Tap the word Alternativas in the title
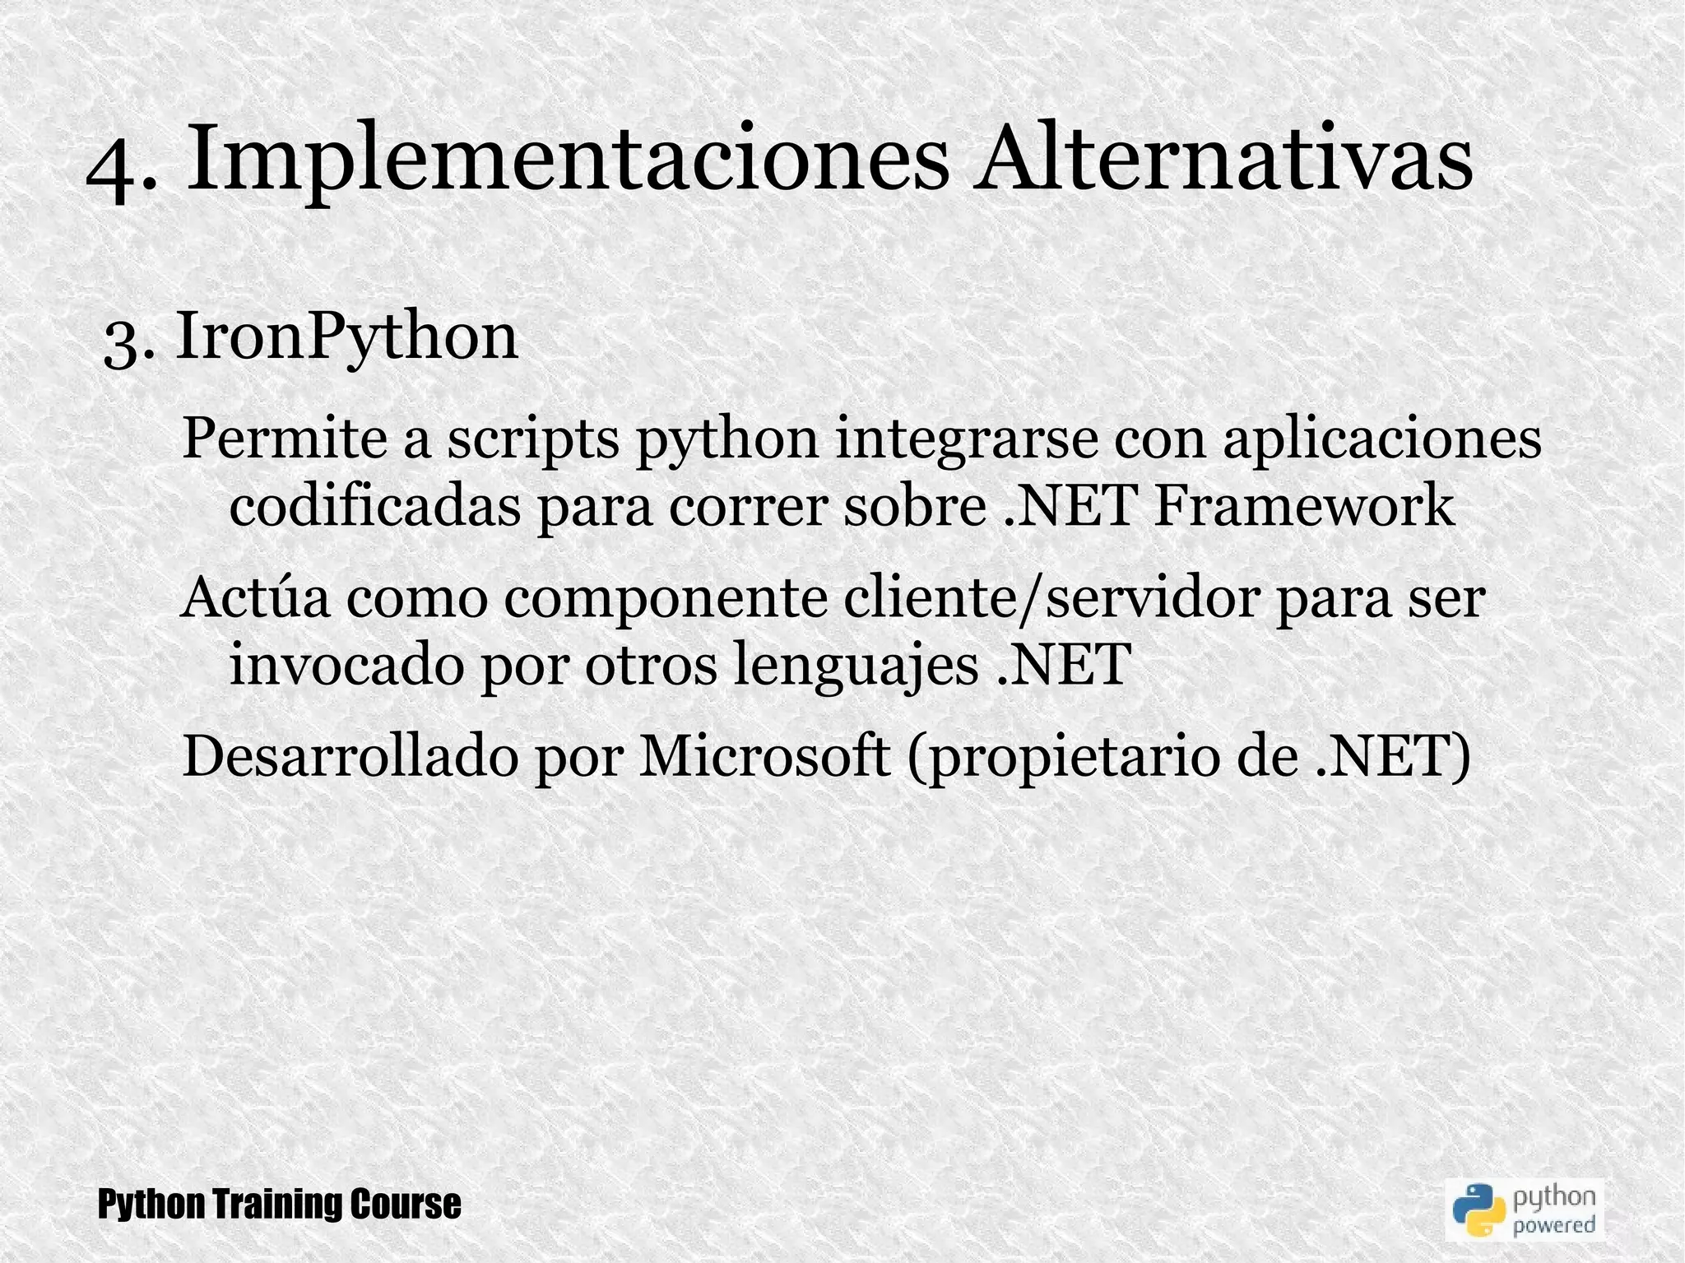1222,156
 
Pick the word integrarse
966,441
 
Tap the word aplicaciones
1382,441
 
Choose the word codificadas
375,507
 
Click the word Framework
1304,507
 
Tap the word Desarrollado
350,756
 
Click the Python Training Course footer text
280,1205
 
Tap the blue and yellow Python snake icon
1477,1210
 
